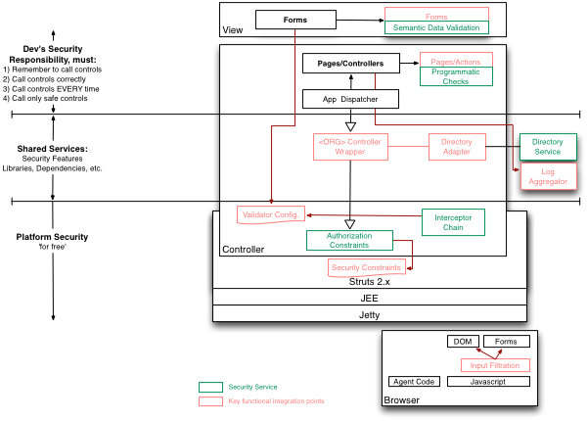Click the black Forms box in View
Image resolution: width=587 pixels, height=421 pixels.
point(294,19)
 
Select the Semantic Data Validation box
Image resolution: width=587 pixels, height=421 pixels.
point(435,28)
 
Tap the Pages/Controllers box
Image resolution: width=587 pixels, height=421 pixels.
point(350,64)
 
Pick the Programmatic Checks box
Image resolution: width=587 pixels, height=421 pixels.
point(456,77)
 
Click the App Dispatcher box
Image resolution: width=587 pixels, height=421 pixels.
point(350,99)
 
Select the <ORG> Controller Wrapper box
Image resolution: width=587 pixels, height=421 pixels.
point(349,146)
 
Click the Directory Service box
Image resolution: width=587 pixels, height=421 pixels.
point(547,147)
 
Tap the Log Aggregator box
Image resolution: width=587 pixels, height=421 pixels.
point(547,176)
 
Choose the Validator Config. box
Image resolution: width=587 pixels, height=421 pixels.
point(271,214)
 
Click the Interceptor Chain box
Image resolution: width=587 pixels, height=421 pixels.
point(453,222)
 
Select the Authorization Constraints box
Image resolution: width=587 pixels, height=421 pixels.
point(349,240)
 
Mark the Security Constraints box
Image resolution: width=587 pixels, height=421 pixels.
point(366,267)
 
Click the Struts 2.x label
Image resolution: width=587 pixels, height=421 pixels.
point(370,281)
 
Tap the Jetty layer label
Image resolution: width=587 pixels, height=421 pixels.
point(370,314)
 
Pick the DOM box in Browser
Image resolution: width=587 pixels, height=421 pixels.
point(460,342)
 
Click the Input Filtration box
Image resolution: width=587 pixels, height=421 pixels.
point(495,365)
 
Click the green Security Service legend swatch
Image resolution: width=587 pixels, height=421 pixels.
point(209,388)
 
